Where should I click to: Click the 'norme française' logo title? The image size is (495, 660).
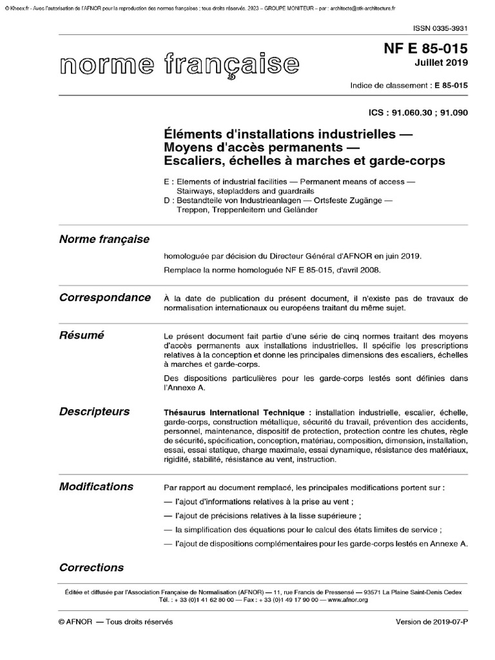click(179, 64)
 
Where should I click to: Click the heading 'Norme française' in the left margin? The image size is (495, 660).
click(104, 239)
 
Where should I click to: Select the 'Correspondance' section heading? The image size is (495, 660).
click(105, 297)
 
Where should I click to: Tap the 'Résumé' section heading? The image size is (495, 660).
click(81, 335)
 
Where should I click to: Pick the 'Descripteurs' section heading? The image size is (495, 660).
click(94, 411)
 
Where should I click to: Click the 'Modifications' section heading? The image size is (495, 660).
click(96, 486)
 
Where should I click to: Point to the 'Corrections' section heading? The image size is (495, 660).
click(91, 568)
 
